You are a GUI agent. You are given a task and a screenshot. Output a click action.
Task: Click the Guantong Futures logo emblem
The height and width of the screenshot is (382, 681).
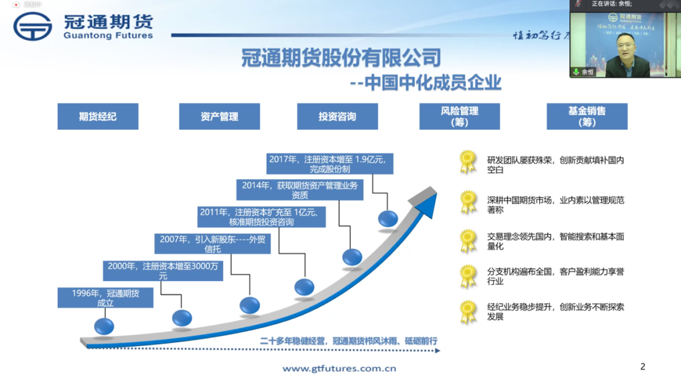coord(33,26)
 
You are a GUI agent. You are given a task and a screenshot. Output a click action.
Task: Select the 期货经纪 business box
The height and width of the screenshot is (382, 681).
coord(98,117)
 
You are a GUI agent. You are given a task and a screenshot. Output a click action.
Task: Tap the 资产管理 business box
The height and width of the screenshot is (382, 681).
coord(219,117)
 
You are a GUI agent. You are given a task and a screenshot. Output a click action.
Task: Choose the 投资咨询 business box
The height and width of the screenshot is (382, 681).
coord(337,117)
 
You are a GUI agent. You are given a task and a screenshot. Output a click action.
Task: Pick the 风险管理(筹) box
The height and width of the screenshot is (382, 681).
coord(460,117)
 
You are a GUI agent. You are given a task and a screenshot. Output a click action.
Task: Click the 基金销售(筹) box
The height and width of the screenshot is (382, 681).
coord(587,117)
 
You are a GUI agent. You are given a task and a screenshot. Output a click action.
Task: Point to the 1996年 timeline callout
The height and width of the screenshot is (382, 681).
coord(105,298)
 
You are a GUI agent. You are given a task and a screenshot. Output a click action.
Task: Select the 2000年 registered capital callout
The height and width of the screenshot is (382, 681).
coord(163,271)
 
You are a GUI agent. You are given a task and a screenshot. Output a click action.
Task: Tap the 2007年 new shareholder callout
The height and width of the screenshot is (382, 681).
coord(212,244)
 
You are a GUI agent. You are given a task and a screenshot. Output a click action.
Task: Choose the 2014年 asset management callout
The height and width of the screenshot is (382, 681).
coord(300,190)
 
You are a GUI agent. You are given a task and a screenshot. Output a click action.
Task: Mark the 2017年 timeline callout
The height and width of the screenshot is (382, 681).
coord(330,164)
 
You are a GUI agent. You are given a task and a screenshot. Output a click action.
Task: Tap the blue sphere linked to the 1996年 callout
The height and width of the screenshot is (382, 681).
coord(104,326)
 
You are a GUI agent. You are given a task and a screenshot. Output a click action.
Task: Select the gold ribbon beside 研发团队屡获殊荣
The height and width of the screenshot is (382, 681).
coord(468,161)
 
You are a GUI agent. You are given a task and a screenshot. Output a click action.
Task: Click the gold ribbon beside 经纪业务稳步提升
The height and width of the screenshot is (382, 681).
coord(468,311)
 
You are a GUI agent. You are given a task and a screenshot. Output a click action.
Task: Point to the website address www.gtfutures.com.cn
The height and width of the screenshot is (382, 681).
coord(339,368)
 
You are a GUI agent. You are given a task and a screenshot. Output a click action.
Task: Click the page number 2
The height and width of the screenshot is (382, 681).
coord(643,367)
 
